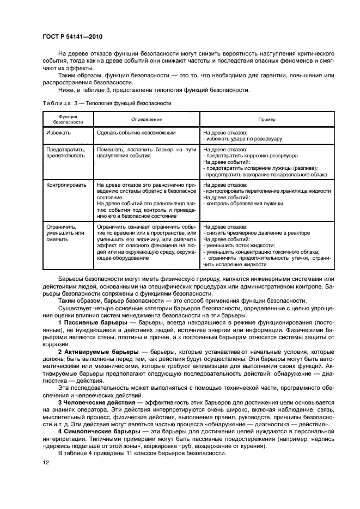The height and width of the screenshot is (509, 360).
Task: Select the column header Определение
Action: (147, 119)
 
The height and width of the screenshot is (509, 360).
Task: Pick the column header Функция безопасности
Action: (68, 119)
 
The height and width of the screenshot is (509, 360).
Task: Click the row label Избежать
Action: (58, 132)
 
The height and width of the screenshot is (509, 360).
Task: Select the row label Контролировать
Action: (66, 185)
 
